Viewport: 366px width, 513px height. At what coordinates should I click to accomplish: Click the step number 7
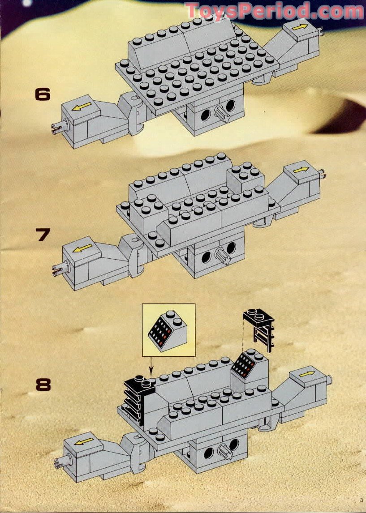coord(43,235)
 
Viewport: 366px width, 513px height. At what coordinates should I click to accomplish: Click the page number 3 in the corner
coord(360,500)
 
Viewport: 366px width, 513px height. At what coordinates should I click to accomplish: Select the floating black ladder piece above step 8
coord(259,329)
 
